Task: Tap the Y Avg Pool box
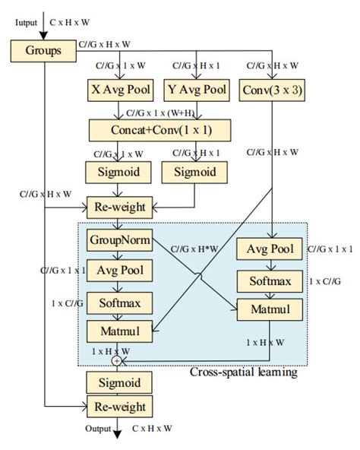pyautogui.click(x=196, y=90)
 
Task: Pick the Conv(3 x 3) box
pyautogui.click(x=272, y=90)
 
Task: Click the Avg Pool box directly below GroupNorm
pyautogui.click(x=117, y=270)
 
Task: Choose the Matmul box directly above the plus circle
pyautogui.click(x=117, y=331)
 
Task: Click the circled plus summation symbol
pyautogui.click(x=117, y=360)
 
